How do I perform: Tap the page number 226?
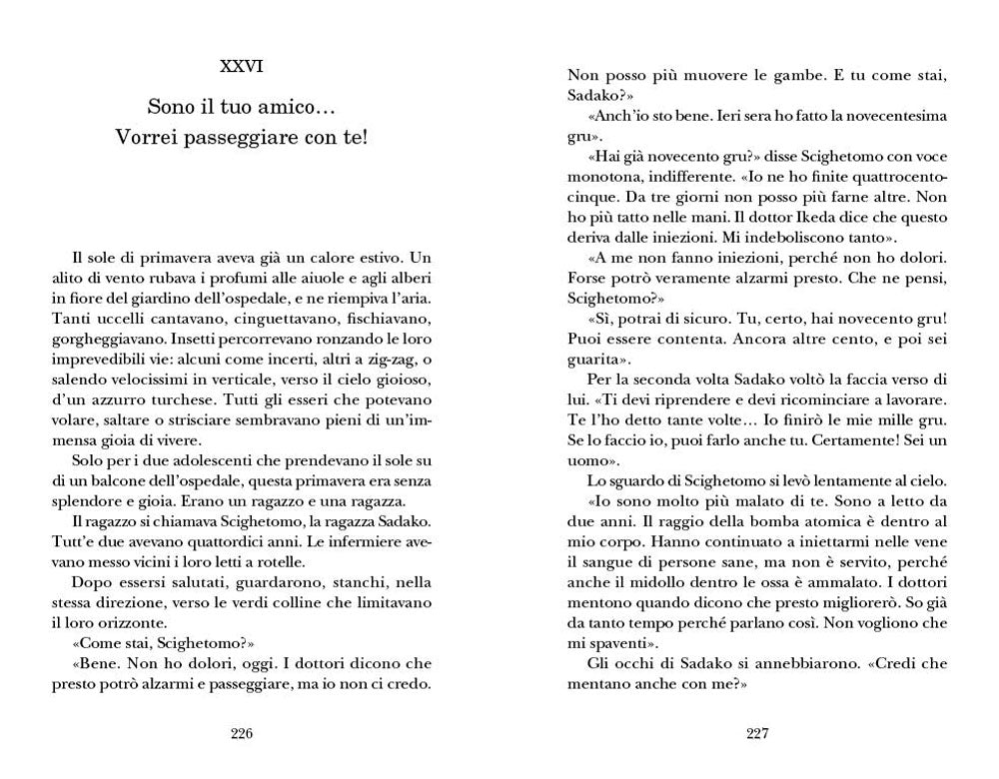pos(242,734)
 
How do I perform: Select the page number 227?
pos(756,734)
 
